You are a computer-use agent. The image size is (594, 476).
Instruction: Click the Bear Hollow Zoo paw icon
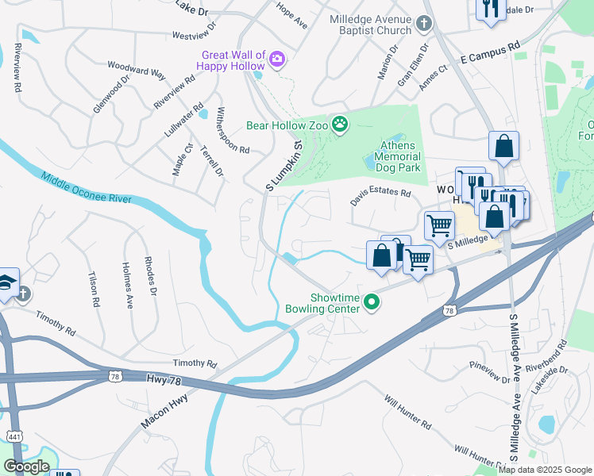click(341, 125)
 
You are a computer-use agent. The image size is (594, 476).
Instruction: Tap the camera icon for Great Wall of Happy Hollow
click(277, 59)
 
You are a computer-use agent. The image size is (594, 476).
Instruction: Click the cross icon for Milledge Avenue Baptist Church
click(424, 23)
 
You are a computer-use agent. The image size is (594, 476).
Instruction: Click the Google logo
click(26, 466)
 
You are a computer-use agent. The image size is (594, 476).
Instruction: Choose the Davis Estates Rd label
click(381, 197)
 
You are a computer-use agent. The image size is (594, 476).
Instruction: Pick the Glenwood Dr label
click(110, 95)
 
